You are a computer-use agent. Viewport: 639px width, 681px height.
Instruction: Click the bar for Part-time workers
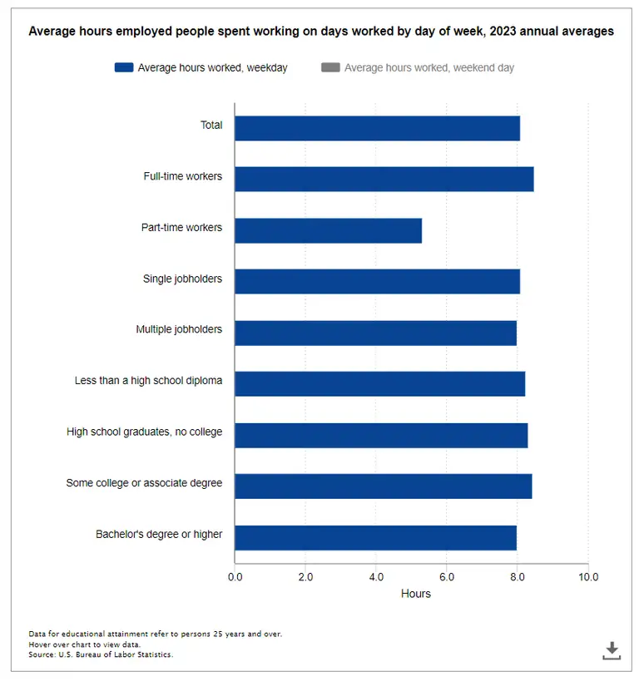328,230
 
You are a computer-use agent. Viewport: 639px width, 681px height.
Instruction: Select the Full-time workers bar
384,179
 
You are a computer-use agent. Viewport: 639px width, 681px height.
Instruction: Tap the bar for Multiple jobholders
375,333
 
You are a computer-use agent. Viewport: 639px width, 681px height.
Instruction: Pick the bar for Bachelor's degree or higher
375,537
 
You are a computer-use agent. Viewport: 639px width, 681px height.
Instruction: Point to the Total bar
377,128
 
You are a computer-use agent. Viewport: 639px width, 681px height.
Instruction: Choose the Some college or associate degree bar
383,486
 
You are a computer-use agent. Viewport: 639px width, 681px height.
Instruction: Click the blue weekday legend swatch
124,67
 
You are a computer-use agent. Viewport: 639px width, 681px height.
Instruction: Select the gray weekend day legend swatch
330,67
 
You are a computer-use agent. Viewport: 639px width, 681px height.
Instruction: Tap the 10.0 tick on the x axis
587,576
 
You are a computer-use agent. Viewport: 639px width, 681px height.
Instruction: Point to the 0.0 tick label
235,576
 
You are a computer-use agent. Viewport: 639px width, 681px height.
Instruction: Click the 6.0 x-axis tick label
446,576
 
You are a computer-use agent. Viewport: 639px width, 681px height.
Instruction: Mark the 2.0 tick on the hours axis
305,576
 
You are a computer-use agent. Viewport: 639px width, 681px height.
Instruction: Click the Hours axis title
415,594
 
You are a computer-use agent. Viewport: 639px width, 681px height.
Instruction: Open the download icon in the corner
612,650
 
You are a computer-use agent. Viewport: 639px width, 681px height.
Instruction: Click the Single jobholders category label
182,279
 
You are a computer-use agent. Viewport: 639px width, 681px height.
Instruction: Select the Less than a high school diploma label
148,381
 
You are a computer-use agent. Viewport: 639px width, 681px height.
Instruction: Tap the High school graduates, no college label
144,432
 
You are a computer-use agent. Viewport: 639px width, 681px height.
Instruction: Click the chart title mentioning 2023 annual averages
321,32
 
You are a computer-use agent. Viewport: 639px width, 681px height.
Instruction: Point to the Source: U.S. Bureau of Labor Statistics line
101,655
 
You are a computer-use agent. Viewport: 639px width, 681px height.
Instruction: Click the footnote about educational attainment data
155,634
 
